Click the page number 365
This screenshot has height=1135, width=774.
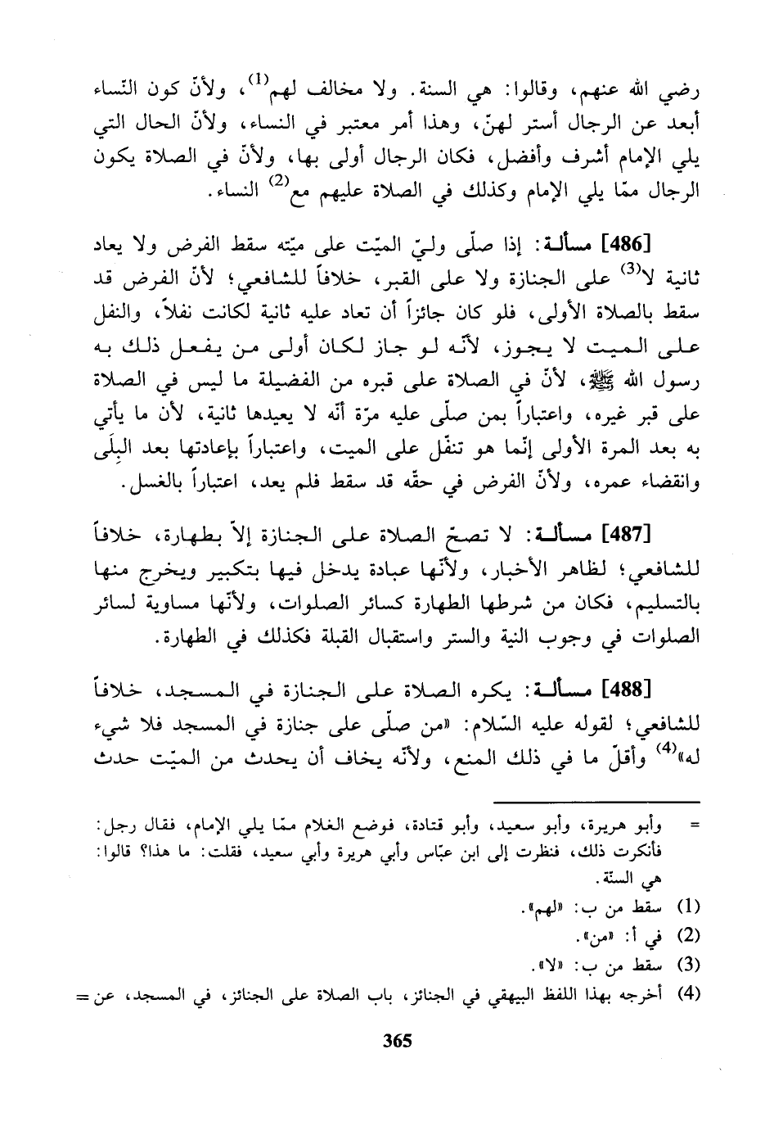click(396, 1042)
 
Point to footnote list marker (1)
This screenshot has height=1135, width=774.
click(691, 907)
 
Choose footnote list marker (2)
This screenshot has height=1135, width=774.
click(691, 934)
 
